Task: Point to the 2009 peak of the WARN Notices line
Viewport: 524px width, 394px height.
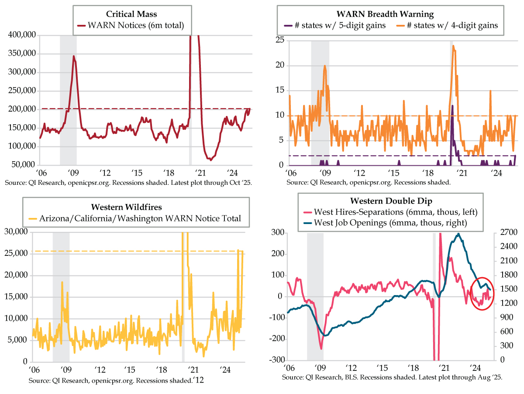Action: (x=74, y=56)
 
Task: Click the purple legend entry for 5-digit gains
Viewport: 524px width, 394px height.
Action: (x=334, y=25)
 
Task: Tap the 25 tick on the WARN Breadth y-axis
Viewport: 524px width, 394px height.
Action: (x=279, y=41)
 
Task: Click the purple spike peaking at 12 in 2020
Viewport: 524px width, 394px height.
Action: (x=452, y=105)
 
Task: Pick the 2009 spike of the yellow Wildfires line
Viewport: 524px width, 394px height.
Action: (x=62, y=282)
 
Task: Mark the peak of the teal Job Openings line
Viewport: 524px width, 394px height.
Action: (x=458, y=234)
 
